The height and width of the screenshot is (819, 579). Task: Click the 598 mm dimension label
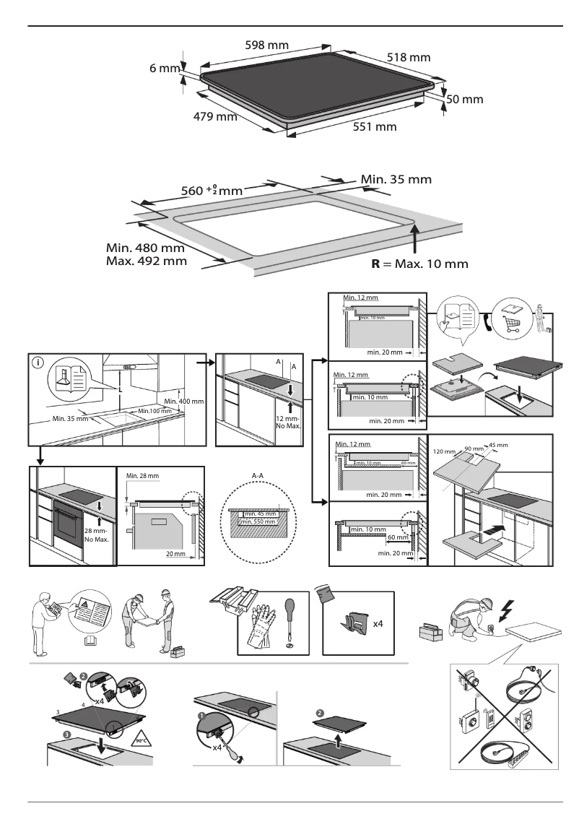(x=267, y=45)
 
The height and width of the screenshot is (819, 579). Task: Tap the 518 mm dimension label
(x=409, y=57)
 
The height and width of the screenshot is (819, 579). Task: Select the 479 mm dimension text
(x=215, y=116)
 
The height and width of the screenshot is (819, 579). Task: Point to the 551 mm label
(x=375, y=127)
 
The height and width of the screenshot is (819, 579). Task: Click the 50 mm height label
(x=464, y=100)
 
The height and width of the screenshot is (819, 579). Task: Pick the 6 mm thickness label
(x=164, y=69)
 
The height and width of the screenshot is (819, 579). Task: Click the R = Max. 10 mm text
(x=419, y=264)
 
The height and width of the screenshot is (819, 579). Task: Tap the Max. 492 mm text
(x=146, y=261)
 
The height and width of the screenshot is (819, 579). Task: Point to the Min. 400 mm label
(x=184, y=401)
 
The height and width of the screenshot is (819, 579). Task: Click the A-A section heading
(x=258, y=475)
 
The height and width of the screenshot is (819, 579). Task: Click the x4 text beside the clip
(x=377, y=623)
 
